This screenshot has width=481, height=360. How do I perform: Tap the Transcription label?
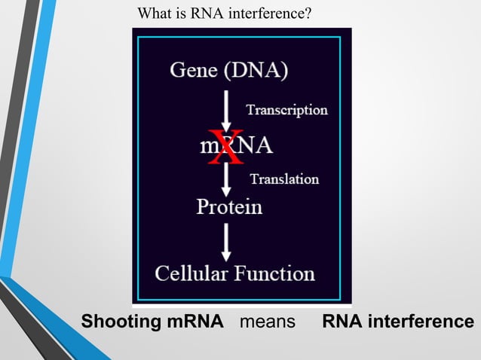[286, 110]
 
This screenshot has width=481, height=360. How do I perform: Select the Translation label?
[284, 179]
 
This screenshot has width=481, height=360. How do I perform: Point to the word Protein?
[229, 206]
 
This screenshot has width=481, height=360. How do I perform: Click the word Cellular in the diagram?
[191, 273]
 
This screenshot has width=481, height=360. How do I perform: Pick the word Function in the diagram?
[274, 273]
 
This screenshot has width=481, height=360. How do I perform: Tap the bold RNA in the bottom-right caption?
[339, 322]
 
